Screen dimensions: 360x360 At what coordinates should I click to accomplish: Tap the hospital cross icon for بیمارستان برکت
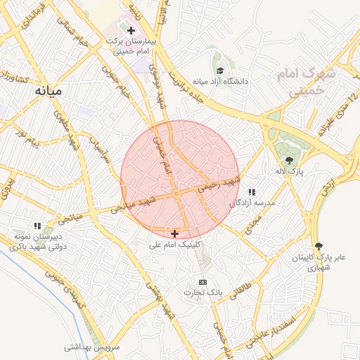pos(131,30)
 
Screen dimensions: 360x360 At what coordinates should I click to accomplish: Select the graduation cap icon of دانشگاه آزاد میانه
pos(220,70)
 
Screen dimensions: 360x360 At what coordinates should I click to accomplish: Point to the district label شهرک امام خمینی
pos(312,80)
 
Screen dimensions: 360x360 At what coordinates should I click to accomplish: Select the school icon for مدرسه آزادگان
pos(251,192)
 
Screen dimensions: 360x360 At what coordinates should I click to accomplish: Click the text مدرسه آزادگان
pos(251,202)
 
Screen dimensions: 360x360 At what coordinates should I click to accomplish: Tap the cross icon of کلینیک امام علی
pos(174,233)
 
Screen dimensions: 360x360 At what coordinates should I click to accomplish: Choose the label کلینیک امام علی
pos(175,245)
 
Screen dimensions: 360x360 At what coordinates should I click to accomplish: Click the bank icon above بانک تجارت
pos(202,281)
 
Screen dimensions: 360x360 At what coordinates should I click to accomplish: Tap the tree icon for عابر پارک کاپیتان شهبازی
pos(320,246)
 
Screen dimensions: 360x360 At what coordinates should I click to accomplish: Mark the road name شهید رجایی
pos(219,184)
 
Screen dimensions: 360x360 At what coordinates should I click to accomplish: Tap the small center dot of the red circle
pos(176,193)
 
